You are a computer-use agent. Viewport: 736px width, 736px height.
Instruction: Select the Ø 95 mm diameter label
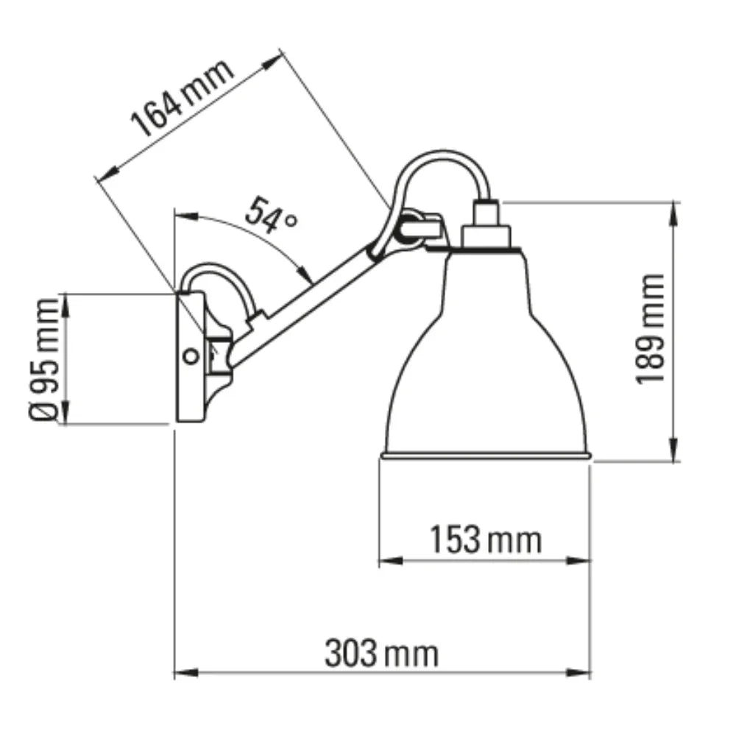(46, 358)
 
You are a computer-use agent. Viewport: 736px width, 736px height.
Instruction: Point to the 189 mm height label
(651, 329)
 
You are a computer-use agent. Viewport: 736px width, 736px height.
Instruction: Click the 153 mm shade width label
(485, 540)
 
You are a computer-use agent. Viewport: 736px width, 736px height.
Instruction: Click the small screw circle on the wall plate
(191, 357)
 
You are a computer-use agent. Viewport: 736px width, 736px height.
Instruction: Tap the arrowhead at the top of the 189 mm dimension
(673, 210)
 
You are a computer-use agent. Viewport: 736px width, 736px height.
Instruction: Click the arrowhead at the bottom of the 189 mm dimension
(673, 452)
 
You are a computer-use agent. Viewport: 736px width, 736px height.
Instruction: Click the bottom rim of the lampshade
(485, 456)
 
